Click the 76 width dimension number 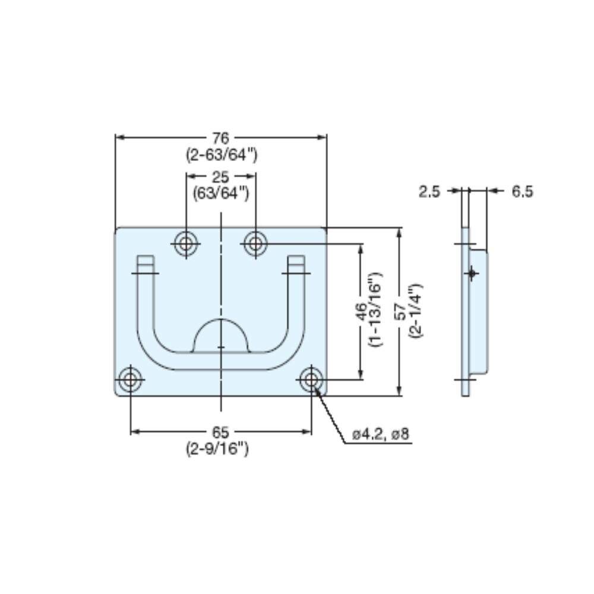pyautogui.click(x=221, y=138)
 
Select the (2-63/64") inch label pyautogui.click(x=222, y=155)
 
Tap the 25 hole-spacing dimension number pyautogui.click(x=221, y=177)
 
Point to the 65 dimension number pyautogui.click(x=221, y=432)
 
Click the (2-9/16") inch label pyautogui.click(x=217, y=449)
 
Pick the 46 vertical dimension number pyautogui.click(x=361, y=311)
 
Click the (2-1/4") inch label pyautogui.click(x=416, y=311)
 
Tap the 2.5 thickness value pyautogui.click(x=429, y=192)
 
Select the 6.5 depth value pyautogui.click(x=522, y=192)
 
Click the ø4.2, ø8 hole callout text pyautogui.click(x=381, y=434)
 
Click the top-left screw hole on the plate pyautogui.click(x=186, y=244)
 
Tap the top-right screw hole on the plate pyautogui.click(x=255, y=244)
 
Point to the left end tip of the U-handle pyautogui.click(x=146, y=256)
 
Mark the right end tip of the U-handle pyautogui.click(x=296, y=256)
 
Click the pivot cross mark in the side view pyautogui.click(x=472, y=273)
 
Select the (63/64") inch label pyautogui.click(x=221, y=194)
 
